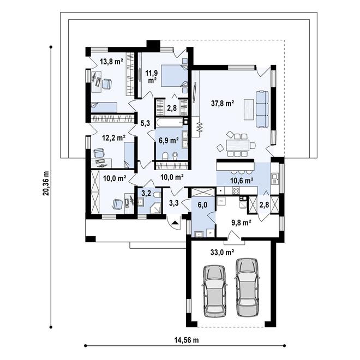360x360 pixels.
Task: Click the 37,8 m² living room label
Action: coord(223,104)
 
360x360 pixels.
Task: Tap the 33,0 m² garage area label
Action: coord(222,253)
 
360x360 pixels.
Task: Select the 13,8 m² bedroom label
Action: coord(112,62)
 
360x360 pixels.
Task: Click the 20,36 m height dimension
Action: coord(46,183)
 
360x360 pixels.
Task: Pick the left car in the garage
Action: coord(215,291)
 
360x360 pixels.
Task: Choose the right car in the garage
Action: coord(247,287)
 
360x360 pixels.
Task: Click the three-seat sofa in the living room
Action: coord(262,109)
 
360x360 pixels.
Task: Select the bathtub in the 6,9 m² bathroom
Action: coord(170,122)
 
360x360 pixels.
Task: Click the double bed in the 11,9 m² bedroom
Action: coord(174,76)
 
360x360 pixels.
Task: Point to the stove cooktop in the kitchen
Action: coord(236,190)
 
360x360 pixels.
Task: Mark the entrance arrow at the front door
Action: coord(175,222)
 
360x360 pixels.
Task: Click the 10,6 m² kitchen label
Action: coord(242,181)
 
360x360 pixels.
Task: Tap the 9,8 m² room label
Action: coord(241,223)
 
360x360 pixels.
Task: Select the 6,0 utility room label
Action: coord(202,205)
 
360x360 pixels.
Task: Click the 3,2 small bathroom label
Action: coord(146,193)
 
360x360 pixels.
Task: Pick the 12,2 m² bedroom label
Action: coord(114,138)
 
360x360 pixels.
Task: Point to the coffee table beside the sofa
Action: coord(249,109)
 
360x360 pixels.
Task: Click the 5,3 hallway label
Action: coord(145,123)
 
